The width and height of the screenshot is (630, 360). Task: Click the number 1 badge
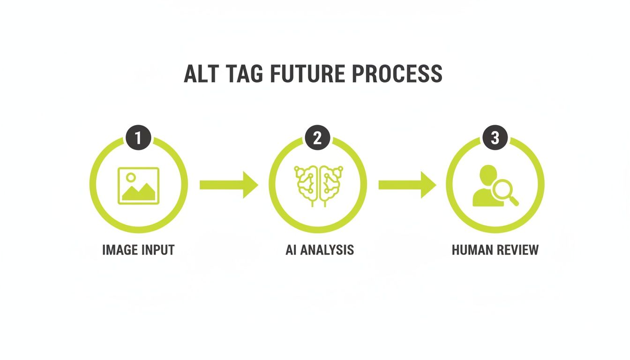(138, 138)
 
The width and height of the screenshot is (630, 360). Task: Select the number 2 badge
(317, 138)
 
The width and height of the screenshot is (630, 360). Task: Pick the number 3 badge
(495, 138)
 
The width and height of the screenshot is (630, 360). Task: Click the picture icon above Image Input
(139, 186)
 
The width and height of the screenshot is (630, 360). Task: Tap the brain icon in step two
(317, 185)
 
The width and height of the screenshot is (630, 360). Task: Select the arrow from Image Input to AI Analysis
(228, 185)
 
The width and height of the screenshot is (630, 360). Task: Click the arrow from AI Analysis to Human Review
(407, 185)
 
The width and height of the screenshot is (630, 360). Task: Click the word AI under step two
(291, 250)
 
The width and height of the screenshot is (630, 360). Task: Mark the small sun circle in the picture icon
(131, 177)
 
